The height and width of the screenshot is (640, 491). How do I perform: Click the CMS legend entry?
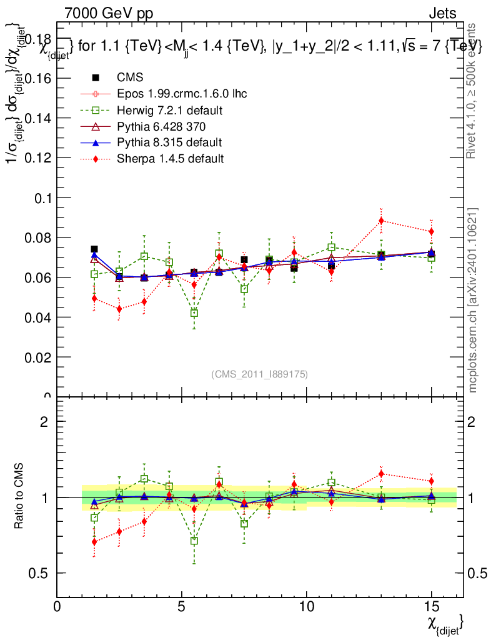pyautogui.click(x=130, y=77)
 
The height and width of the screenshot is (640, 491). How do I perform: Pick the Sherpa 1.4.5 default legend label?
pyautogui.click(x=170, y=159)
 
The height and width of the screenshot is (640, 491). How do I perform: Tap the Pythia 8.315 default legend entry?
pyautogui.click(x=169, y=142)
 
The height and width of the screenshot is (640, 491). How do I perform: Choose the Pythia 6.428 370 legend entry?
pyautogui.click(x=162, y=126)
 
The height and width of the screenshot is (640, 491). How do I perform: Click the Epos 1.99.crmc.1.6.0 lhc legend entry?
pyautogui.click(x=182, y=94)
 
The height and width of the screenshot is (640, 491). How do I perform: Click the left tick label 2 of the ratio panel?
pyautogui.click(x=44, y=422)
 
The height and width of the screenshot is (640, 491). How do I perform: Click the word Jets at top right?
pyautogui.click(x=442, y=13)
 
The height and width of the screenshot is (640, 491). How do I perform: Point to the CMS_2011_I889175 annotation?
pyautogui.click(x=259, y=374)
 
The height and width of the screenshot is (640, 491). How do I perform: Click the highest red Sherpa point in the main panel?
pyautogui.click(x=381, y=221)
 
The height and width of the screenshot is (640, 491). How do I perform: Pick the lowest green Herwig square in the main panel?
pyautogui.click(x=194, y=313)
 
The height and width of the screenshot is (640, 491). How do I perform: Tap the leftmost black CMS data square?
pyautogui.click(x=94, y=249)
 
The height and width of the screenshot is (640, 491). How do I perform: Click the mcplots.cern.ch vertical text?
pyautogui.click(x=474, y=300)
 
